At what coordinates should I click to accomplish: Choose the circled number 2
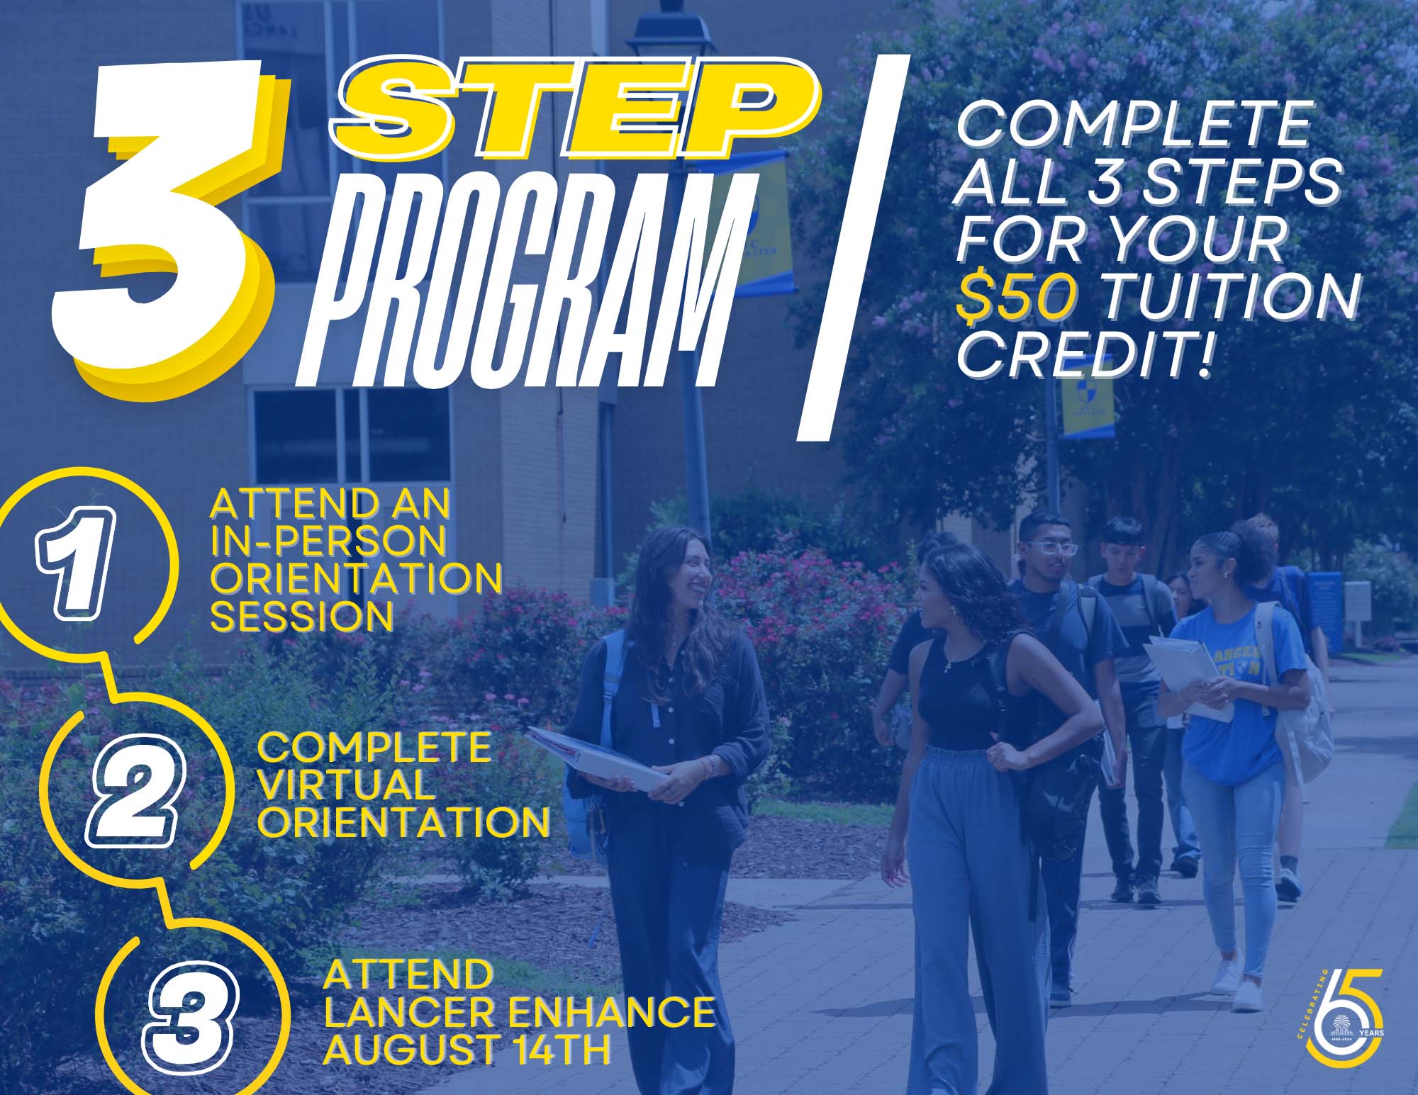click(x=135, y=790)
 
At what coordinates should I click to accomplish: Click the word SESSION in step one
click(x=301, y=617)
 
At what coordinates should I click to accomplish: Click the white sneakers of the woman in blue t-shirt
click(x=1237, y=985)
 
